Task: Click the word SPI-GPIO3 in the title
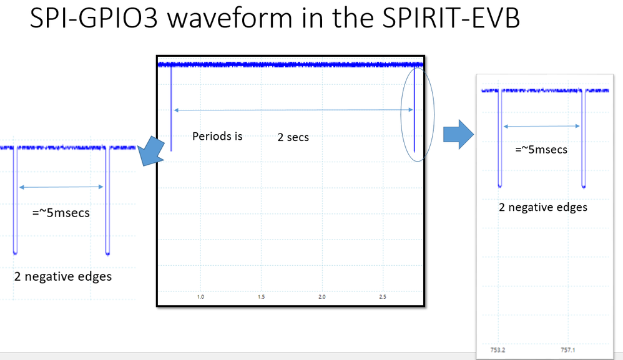coord(94,18)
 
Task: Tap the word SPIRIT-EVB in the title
coord(451,18)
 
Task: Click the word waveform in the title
coord(230,18)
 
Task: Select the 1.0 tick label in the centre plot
coord(200,297)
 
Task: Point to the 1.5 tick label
coord(261,297)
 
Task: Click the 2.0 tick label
coord(322,297)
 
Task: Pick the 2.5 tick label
coord(383,297)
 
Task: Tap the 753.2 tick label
coord(498,350)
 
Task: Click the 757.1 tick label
coord(568,350)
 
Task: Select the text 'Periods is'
coord(217,136)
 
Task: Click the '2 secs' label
coord(293,137)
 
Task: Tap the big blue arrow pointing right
coord(458,134)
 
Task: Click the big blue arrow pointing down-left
coord(151,151)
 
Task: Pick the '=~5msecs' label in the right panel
coord(541,150)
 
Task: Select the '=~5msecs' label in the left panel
coord(61,213)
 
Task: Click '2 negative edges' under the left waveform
coord(63,276)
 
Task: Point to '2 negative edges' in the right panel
coord(542,207)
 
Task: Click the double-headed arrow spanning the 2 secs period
coord(293,110)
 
